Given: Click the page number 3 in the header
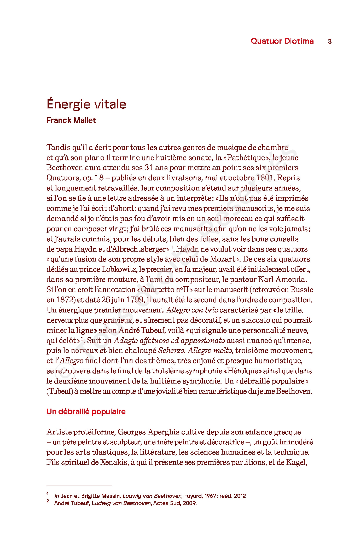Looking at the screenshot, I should tap(329, 41).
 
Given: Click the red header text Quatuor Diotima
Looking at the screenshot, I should tap(282, 41).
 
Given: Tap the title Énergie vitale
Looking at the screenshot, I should tap(86, 104).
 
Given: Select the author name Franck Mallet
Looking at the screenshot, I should tap(71, 120).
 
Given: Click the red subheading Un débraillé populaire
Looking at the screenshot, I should tap(86, 411).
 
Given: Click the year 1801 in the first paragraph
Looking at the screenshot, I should tap(265, 178).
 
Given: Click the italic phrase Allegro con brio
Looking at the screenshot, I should tap(192, 310).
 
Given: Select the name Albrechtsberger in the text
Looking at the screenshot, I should tap(139, 249).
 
